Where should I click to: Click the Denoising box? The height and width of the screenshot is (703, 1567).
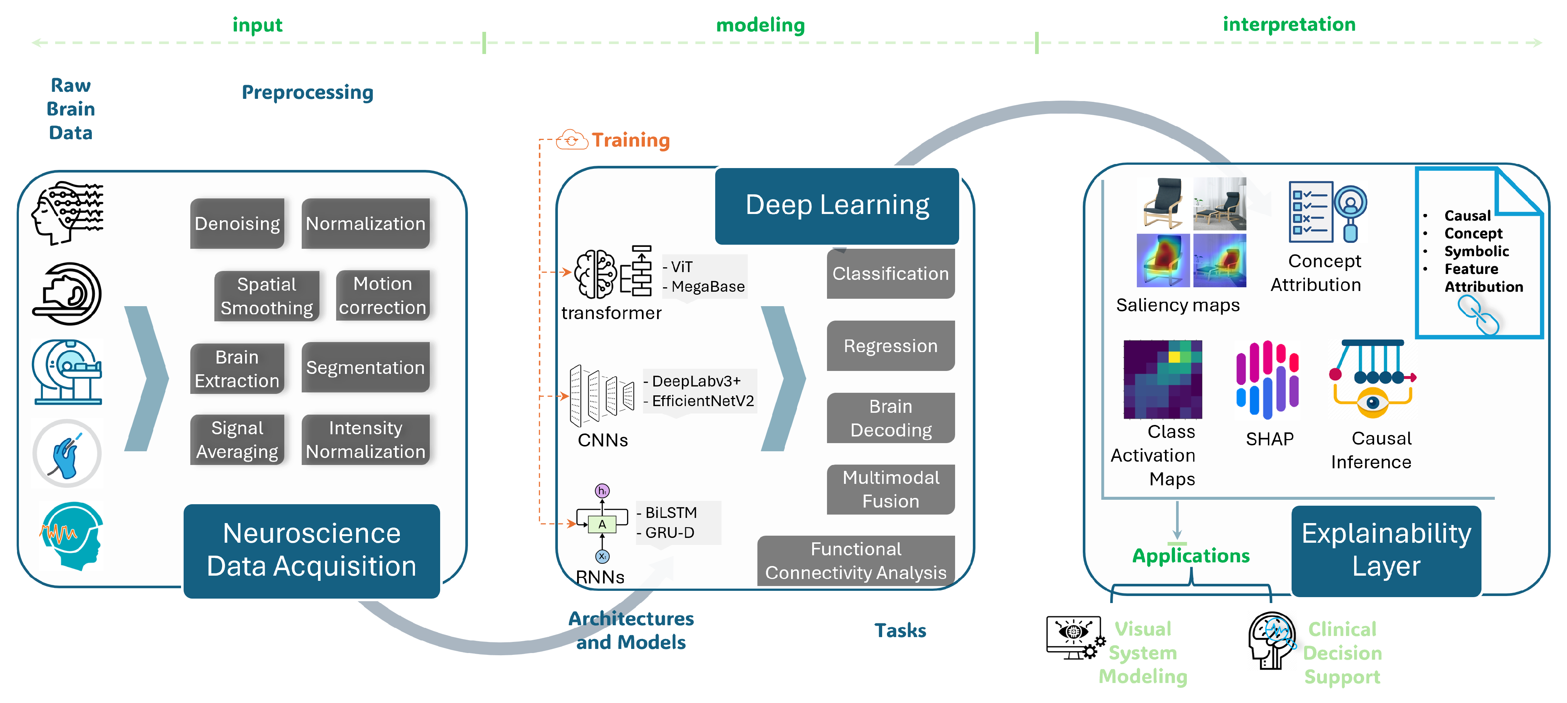coord(237,223)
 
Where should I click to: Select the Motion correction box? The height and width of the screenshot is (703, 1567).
coord(383,295)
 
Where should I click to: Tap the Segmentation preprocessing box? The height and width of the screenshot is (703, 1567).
coord(366,367)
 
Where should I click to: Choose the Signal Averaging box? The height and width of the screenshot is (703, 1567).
coord(237,440)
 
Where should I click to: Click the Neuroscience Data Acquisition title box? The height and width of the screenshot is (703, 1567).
coord(311,550)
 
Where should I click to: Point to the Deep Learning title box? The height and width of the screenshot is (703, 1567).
coord(837,205)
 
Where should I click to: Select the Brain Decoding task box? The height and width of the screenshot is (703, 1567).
coord(891,418)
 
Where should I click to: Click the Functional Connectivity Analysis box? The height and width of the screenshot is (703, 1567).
coord(856,561)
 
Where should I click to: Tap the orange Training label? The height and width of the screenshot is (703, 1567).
coord(631,140)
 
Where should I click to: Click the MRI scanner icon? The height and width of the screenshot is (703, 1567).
coord(67,372)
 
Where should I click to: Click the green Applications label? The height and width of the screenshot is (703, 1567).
coord(1191,556)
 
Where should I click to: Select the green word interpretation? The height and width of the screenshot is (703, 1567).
coord(1289,24)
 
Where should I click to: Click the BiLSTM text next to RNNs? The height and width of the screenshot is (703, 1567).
coord(671,513)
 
